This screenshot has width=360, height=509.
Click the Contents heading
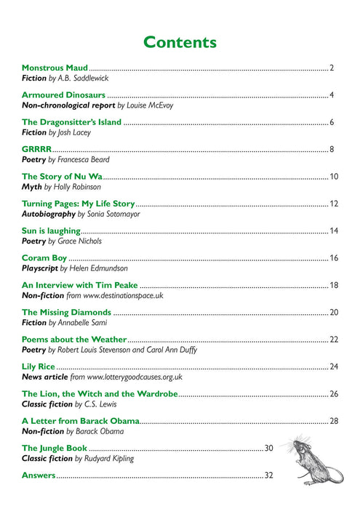tap(180, 41)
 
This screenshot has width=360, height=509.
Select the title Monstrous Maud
tap(55, 68)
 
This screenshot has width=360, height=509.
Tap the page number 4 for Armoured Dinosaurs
tap(331, 95)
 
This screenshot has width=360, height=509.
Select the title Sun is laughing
tap(50, 231)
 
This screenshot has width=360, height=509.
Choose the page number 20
tap(334, 312)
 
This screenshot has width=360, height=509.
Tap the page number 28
tap(334, 421)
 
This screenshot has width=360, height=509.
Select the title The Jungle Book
tap(55, 448)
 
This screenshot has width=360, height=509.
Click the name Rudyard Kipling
tap(109, 459)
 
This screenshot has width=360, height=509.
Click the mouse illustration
tap(306, 459)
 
